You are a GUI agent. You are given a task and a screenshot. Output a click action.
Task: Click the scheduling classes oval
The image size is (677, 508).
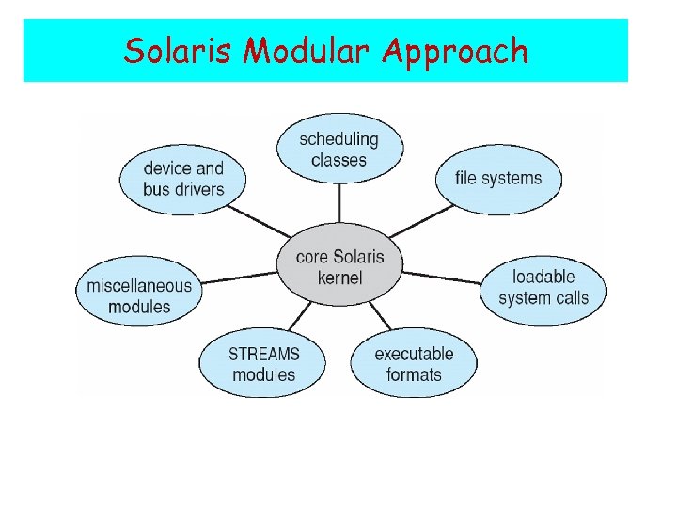[339, 150]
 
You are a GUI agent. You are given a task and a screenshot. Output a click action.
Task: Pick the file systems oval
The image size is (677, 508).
[498, 178]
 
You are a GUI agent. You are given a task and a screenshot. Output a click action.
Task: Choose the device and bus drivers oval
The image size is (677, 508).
[183, 179]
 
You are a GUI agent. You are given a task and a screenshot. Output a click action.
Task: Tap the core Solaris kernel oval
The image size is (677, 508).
[339, 266]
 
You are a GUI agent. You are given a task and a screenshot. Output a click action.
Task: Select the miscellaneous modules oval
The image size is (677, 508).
[139, 295]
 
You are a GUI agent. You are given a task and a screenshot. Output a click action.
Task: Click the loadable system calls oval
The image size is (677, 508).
[543, 287]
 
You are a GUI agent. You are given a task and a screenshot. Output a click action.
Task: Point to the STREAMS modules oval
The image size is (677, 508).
[263, 364]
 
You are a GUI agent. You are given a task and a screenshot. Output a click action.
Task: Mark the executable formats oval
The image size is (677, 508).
[414, 364]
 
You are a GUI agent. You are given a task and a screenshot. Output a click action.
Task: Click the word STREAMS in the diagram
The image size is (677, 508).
[263, 354]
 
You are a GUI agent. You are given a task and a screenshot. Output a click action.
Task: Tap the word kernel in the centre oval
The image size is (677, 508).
[339, 278]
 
